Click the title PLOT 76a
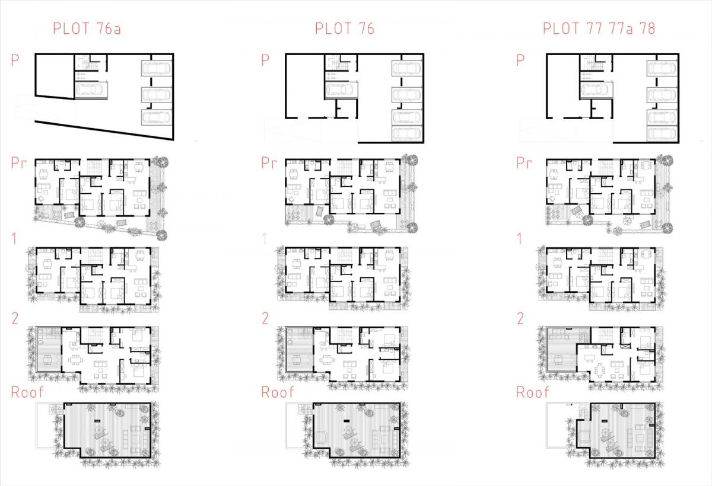click(x=87, y=28)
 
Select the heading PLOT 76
click(x=345, y=28)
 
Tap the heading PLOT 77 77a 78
click(x=599, y=28)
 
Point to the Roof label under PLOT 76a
click(x=27, y=392)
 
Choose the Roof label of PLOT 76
click(x=277, y=392)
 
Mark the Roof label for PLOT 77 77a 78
click(x=532, y=392)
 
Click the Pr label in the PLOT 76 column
click(x=269, y=163)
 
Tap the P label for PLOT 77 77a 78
click(x=520, y=60)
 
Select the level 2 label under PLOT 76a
click(x=15, y=318)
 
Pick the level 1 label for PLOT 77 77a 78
click(x=519, y=239)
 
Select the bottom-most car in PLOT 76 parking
click(x=407, y=133)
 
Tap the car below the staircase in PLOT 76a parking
click(x=91, y=90)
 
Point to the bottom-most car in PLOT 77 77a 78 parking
click(x=662, y=133)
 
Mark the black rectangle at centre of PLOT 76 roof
click(x=347, y=421)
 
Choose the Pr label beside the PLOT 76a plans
click(x=18, y=163)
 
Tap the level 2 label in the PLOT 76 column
click(x=265, y=318)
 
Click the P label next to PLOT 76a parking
click(x=15, y=60)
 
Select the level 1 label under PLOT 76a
click(x=14, y=239)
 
